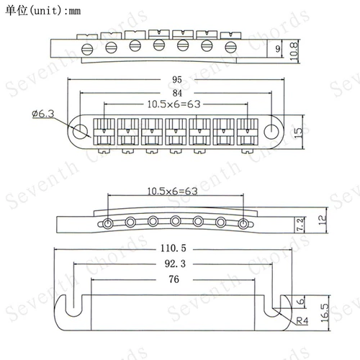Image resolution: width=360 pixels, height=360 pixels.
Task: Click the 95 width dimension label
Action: point(177,80)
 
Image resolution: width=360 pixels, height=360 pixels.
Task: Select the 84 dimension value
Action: point(177,93)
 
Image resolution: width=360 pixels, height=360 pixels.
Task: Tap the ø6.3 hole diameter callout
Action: point(43,114)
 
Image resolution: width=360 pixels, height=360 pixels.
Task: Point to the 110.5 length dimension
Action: point(174,248)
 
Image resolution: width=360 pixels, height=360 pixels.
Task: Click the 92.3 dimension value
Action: point(175,264)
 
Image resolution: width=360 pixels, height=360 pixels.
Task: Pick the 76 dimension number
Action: point(174,279)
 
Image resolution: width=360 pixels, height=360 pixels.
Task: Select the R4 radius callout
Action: point(302,320)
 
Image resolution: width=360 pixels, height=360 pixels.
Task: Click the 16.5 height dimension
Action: point(325,313)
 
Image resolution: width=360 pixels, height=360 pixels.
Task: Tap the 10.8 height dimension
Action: point(294,51)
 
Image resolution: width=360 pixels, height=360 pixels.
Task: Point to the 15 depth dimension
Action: point(298,132)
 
